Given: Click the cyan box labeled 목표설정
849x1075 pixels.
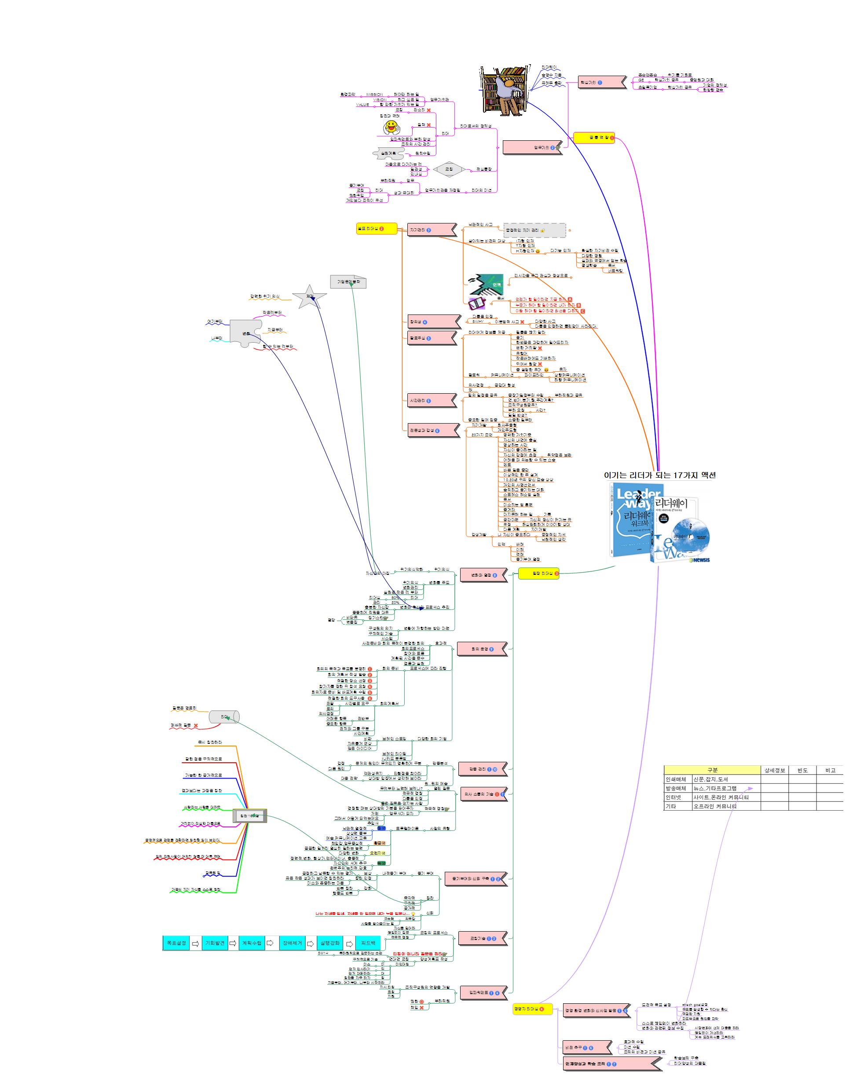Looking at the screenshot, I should [x=176, y=943].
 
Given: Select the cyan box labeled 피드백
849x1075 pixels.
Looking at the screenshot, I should [x=368, y=943].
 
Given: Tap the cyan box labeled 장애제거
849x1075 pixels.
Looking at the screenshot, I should [x=292, y=943].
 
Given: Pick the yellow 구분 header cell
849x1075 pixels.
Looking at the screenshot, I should [x=712, y=770].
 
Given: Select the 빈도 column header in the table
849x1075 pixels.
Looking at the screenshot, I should [x=802, y=770].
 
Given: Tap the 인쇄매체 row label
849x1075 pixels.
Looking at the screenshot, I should [x=676, y=779].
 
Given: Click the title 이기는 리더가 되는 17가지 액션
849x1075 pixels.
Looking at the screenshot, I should [x=659, y=475].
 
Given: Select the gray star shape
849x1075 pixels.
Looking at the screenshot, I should [x=309, y=297].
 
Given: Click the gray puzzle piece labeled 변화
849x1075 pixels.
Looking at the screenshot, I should [x=245, y=333].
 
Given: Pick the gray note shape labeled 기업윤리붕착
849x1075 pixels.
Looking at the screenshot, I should [x=348, y=282].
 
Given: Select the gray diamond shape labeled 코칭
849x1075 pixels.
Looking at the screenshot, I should [x=449, y=169].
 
